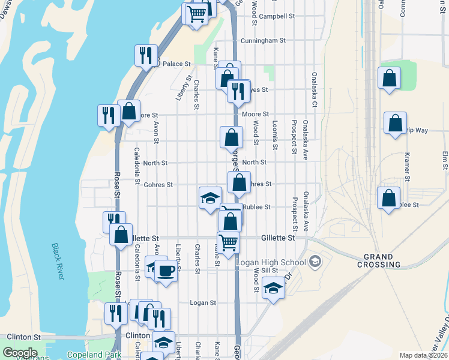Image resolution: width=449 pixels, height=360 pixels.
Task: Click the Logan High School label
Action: [271, 262]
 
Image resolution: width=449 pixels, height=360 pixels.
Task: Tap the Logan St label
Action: [202, 303]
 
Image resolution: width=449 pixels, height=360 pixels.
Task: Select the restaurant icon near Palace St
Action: [146, 56]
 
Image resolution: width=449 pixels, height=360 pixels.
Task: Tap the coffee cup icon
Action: [166, 271]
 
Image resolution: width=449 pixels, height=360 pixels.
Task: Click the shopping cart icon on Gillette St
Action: [229, 242]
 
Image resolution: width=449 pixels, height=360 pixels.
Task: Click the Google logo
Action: [19, 353]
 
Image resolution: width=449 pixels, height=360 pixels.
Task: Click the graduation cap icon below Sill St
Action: [273, 289]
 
